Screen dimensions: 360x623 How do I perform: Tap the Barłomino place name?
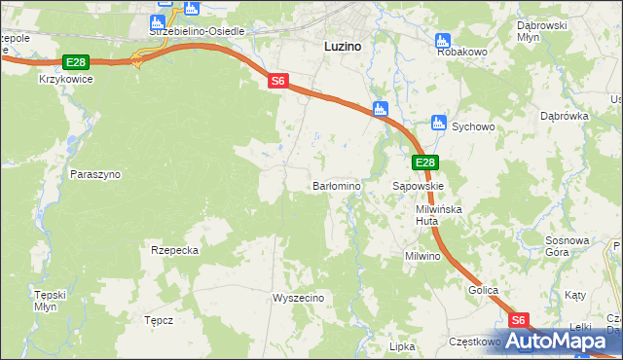(337, 186)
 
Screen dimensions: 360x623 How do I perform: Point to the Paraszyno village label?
(95, 174)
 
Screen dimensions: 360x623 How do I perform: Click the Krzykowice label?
(66, 80)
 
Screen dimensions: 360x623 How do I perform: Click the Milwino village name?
(423, 257)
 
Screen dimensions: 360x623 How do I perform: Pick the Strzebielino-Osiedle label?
(198, 31)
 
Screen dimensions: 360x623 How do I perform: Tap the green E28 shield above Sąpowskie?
(424, 162)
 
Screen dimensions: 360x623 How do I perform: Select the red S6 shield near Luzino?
(278, 83)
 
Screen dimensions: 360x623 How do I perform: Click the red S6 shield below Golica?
(519, 320)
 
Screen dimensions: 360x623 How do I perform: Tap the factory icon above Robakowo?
(443, 41)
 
